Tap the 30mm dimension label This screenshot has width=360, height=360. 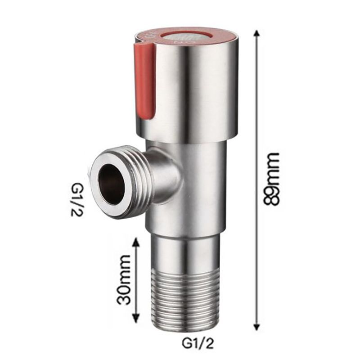pos(122,279)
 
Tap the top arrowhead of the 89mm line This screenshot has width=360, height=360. pos(257,34)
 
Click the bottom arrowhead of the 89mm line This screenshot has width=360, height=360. pos(257,328)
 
